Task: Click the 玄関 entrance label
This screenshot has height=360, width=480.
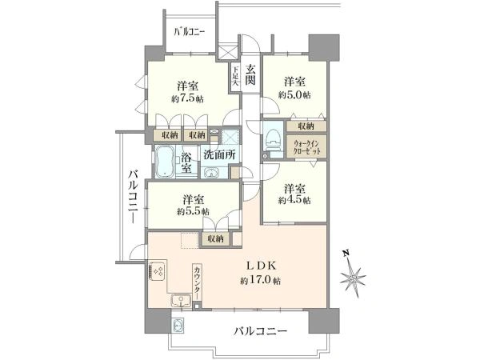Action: click(250, 75)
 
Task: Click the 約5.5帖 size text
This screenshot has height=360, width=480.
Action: click(192, 211)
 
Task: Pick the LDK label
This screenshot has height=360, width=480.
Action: click(261, 266)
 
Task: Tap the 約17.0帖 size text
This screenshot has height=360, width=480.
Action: click(260, 281)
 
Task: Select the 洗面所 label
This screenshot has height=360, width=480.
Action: click(218, 154)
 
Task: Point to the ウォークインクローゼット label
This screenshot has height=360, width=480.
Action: click(305, 146)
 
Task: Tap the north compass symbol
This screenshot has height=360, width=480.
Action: click(353, 278)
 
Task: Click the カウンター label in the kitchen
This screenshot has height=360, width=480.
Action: click(197, 281)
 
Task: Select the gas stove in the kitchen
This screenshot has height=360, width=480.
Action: click(156, 271)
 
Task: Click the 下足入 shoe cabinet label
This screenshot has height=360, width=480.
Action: click(237, 78)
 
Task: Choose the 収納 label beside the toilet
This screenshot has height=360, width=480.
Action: click(305, 126)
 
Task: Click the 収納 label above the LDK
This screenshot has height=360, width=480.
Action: click(214, 238)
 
